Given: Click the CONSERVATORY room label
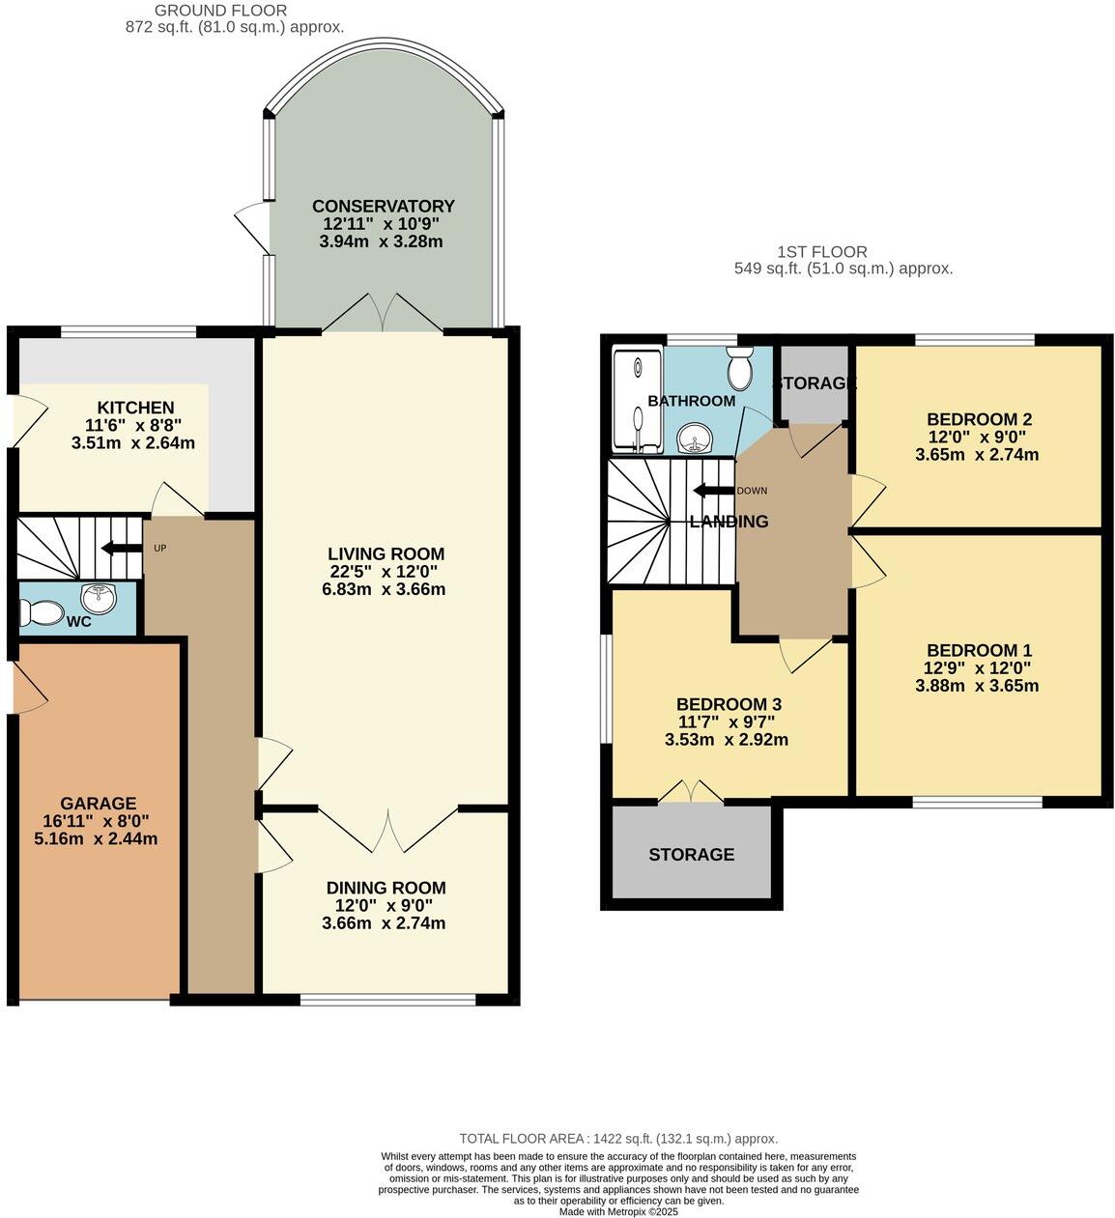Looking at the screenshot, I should click(x=383, y=206).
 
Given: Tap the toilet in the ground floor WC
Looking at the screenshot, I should click(x=42, y=611).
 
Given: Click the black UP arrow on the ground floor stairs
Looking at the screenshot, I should click(x=120, y=549).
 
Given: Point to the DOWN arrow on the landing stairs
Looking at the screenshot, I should click(x=713, y=490).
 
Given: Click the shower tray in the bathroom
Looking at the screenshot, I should click(x=638, y=399).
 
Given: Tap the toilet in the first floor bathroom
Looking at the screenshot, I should click(x=741, y=369).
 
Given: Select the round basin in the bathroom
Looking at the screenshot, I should click(x=694, y=440).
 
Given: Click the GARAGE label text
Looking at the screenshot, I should click(x=98, y=803).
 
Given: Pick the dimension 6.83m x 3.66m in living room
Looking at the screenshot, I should click(x=384, y=589).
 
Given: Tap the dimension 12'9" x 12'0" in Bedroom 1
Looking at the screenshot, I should click(x=977, y=667).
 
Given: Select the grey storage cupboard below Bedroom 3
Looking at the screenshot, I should click(x=692, y=854).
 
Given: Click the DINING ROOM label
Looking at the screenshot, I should click(x=386, y=888).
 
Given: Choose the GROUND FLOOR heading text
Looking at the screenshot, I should click(x=220, y=11).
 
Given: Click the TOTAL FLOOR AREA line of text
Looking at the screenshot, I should click(x=618, y=1139).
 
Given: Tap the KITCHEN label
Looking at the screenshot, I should click(x=135, y=408).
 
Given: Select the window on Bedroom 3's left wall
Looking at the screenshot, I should click(x=605, y=689).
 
